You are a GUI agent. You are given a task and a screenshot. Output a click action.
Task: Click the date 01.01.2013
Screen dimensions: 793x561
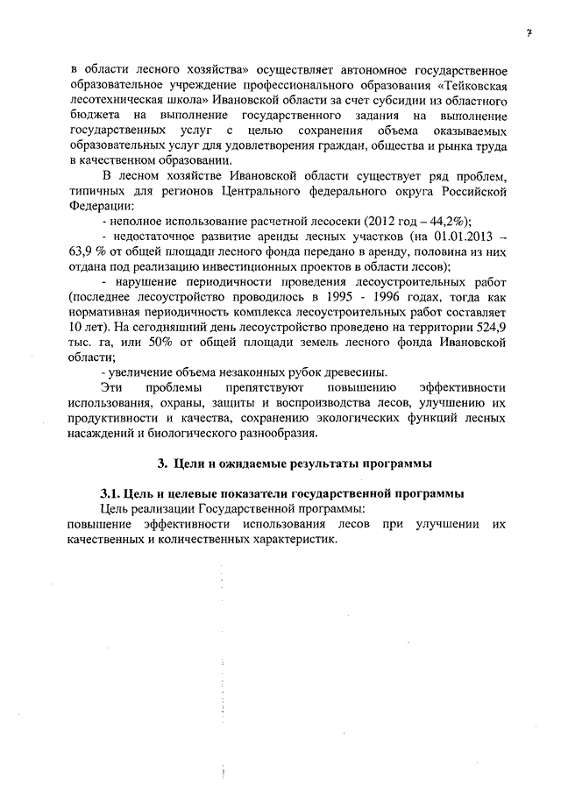click(449, 237)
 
